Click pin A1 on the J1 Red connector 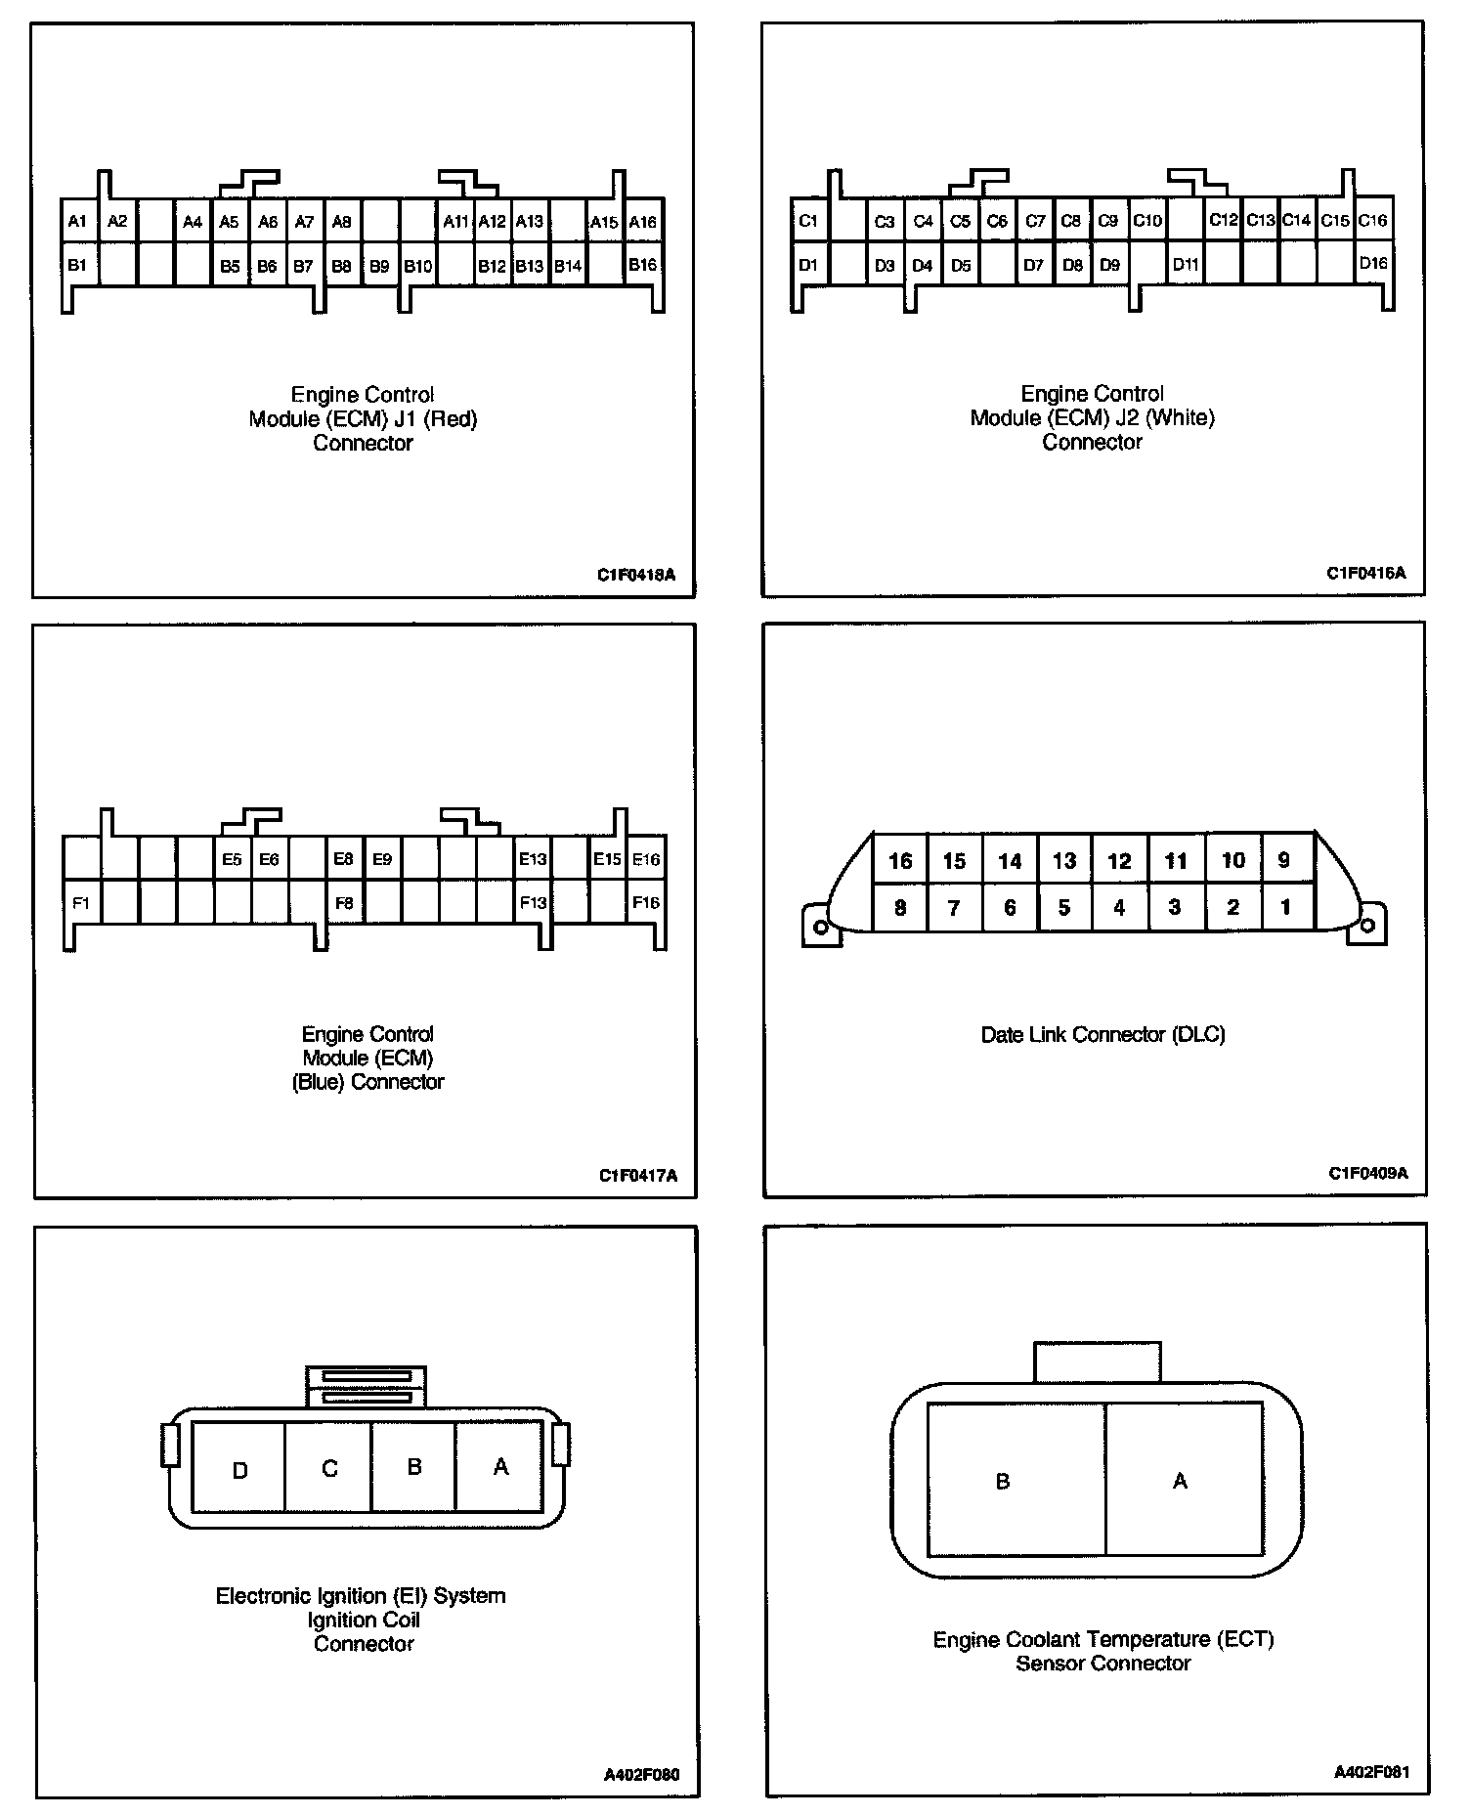click(78, 222)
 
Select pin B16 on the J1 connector click(642, 265)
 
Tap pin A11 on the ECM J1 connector click(455, 222)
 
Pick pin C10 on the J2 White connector click(1147, 221)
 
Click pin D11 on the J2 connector click(1186, 264)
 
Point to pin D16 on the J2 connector click(1373, 263)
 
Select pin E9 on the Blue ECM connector click(382, 860)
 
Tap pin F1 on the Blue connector click(81, 903)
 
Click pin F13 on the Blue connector click(533, 903)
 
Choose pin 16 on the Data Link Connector click(900, 861)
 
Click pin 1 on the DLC click(1285, 908)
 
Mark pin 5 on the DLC click(1064, 908)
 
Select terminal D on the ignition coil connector click(239, 1471)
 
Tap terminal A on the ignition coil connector click(500, 1467)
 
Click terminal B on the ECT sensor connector click(1002, 1482)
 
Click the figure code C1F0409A click(1367, 1173)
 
